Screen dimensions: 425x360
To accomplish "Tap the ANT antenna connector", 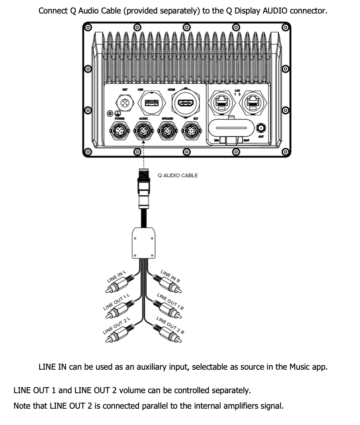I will (261, 128).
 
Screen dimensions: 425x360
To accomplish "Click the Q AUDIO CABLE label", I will (178, 175).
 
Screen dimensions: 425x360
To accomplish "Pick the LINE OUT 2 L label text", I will (117, 326).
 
